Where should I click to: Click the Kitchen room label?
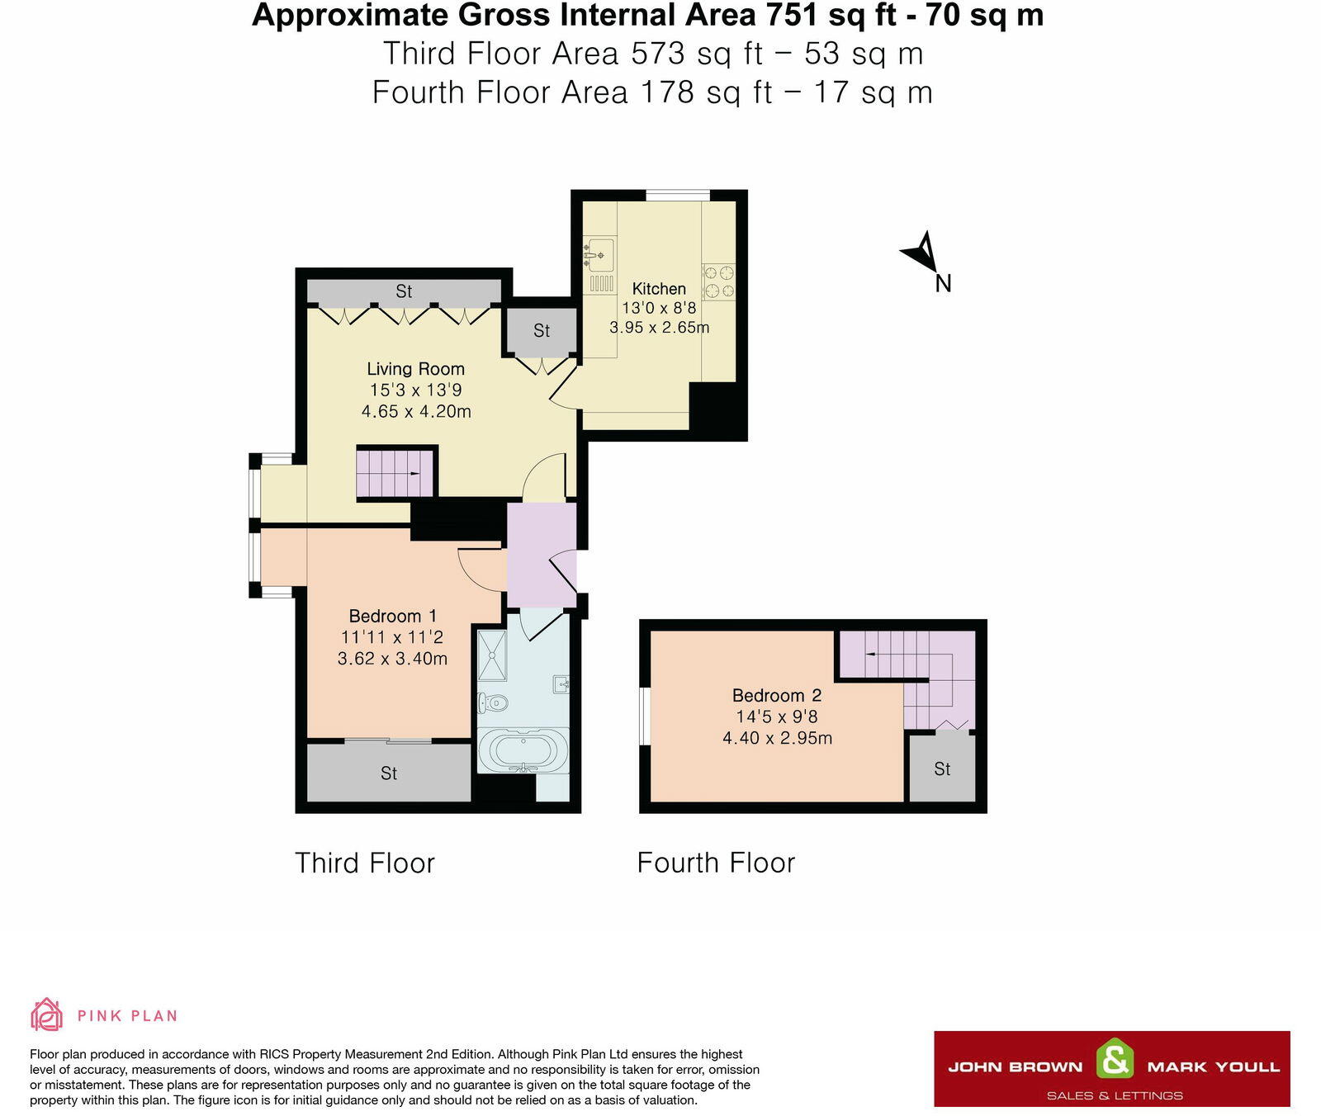(x=658, y=289)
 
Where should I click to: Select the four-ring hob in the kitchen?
(x=718, y=281)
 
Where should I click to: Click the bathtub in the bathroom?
(x=523, y=750)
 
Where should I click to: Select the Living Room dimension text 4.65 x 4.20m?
(x=416, y=411)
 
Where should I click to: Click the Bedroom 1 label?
(x=392, y=616)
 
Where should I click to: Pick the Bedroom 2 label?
(x=776, y=695)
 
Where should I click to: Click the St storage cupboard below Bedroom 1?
(x=388, y=773)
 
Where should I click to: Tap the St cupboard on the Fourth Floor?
(x=942, y=768)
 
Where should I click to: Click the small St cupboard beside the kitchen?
(x=541, y=331)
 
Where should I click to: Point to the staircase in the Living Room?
(x=395, y=473)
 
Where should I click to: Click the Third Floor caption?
(x=364, y=863)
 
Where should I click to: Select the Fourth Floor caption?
(x=716, y=863)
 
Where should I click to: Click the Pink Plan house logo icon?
(x=46, y=1014)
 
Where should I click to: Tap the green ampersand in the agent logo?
(x=1115, y=1059)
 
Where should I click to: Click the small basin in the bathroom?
(x=561, y=683)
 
